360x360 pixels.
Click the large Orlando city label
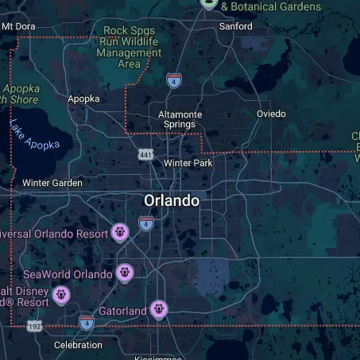(171, 201)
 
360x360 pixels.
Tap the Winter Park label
(188, 163)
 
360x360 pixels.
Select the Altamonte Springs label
(180, 119)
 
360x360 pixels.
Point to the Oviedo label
(271, 114)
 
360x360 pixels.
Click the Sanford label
(235, 26)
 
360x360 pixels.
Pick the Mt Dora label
(18, 26)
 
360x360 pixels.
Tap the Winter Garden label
(52, 183)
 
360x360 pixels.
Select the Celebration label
(78, 345)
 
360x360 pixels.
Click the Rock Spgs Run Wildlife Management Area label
(129, 47)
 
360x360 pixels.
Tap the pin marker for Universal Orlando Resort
(120, 232)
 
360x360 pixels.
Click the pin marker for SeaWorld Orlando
(124, 273)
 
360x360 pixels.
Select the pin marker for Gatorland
(159, 308)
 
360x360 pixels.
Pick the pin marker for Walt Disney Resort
(61, 296)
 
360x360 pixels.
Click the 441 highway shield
(145, 154)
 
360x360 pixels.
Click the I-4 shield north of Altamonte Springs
(173, 79)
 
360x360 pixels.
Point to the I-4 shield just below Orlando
(145, 223)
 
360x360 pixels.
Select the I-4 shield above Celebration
(87, 322)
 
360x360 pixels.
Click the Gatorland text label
(122, 311)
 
